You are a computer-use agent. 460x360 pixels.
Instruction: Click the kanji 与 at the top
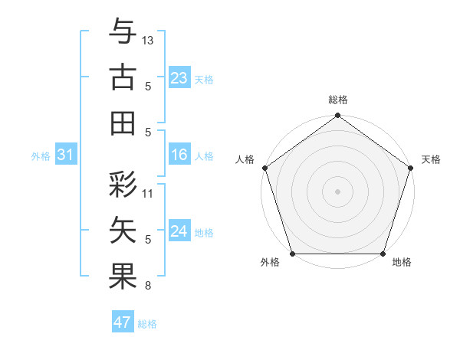coord(123,32)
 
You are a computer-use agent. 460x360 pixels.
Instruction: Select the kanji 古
coord(123,77)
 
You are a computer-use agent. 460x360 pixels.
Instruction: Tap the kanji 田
coord(123,123)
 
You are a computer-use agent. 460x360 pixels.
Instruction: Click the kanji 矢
coord(123,231)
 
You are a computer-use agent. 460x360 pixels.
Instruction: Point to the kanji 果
coord(123,277)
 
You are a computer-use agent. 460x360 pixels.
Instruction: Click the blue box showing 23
coord(179,78)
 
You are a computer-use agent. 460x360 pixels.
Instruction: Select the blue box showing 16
coord(179,155)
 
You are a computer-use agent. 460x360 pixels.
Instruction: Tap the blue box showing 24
coord(179,231)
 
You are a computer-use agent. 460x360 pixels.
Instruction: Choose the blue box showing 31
coord(66,155)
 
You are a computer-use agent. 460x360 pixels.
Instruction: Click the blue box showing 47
coord(123,322)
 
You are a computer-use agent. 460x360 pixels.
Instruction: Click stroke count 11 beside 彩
coord(148,194)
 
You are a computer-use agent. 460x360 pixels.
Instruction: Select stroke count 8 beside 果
coord(148,286)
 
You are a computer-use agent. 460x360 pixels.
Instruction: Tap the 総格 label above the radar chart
coord(337,100)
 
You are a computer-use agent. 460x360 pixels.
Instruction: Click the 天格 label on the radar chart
coord(431,159)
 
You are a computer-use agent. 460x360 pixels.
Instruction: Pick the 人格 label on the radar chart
coord(245,159)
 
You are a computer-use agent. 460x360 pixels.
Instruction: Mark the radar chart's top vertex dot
coord(337,116)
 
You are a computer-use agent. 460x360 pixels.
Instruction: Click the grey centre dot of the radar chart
coord(337,191)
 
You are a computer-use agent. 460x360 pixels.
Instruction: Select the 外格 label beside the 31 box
coord(41,155)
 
